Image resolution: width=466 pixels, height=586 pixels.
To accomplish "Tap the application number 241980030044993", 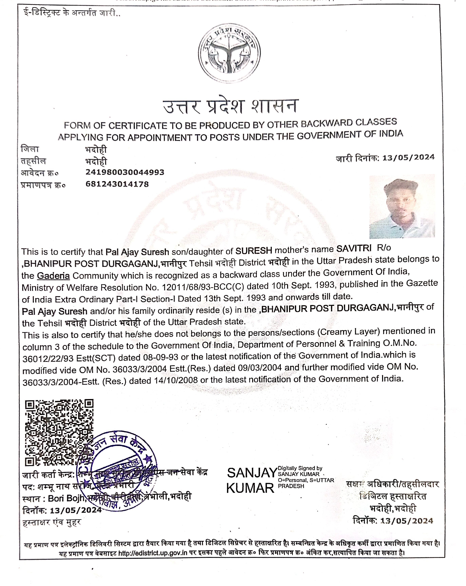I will [125, 172].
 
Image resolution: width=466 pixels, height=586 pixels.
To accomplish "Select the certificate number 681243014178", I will [117, 184].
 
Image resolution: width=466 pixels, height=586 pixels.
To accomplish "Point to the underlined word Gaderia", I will [53, 276].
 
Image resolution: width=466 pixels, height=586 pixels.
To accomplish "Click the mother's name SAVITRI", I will [354, 248].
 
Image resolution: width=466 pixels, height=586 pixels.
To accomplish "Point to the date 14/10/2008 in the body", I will [176, 380].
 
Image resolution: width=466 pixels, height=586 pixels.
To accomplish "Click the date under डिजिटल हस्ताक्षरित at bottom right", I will [406, 521].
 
